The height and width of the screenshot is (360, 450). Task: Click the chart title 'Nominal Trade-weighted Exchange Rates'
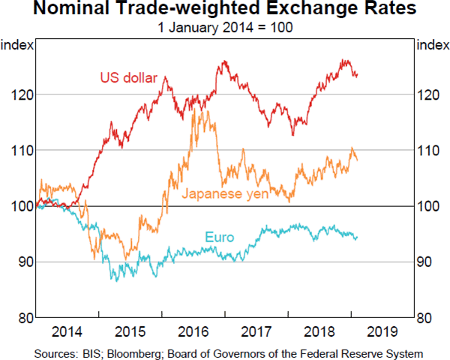pos(225,10)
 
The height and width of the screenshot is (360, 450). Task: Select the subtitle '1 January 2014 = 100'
pos(225,28)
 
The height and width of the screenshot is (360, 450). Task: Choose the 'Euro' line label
pos(220,238)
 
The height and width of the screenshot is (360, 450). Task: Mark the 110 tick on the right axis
pos(430,151)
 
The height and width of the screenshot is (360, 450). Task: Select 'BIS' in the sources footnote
pos(88,352)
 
